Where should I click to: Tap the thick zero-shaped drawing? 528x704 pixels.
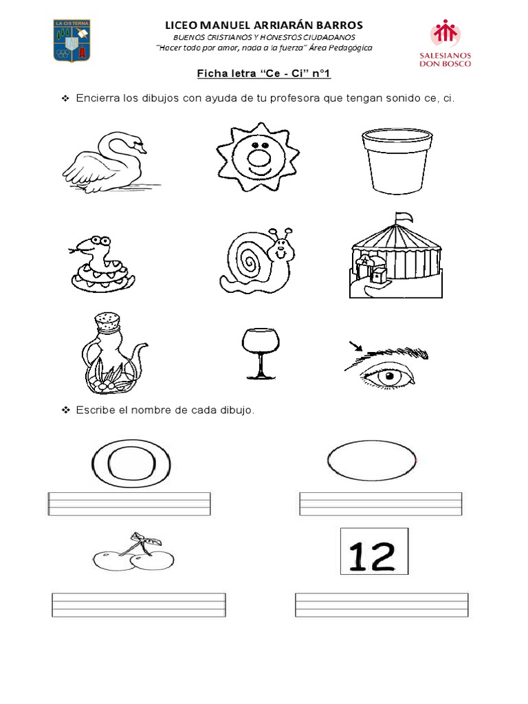tap(129, 462)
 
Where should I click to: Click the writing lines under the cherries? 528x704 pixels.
tap(138, 605)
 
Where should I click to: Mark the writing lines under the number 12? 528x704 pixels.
tap(382, 605)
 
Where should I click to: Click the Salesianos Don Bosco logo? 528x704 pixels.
tap(450, 43)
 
